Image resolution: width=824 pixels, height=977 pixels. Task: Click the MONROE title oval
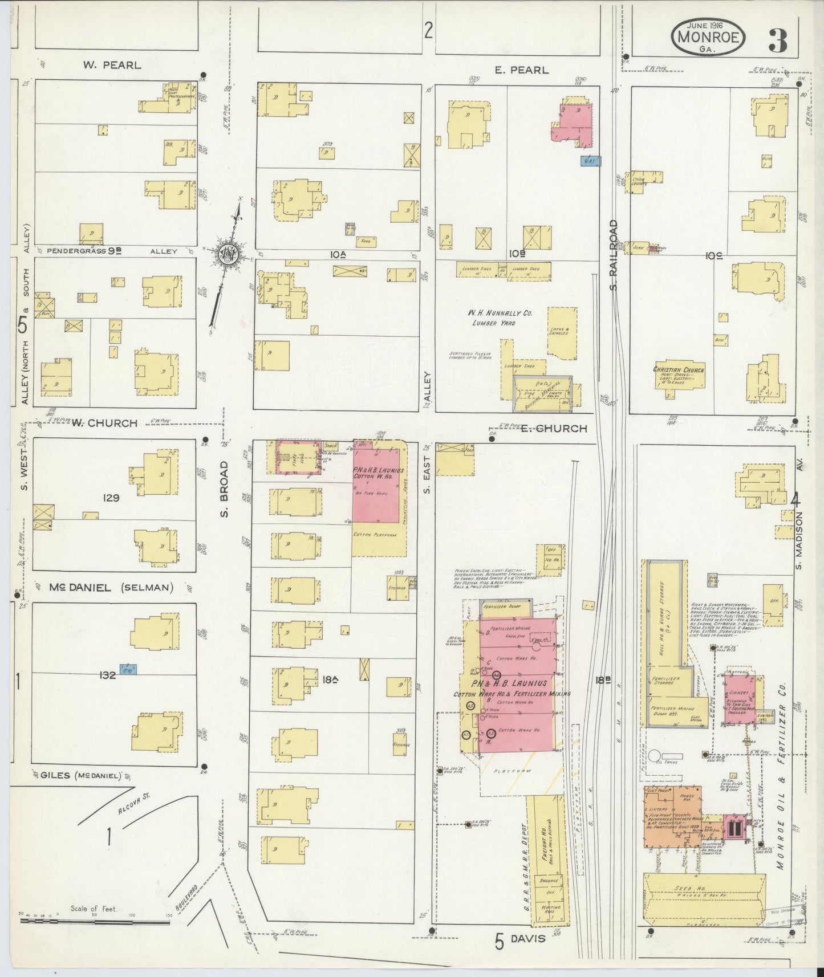click(x=708, y=38)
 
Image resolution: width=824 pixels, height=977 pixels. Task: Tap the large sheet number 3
click(x=778, y=39)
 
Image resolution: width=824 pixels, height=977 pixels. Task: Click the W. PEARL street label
click(x=112, y=65)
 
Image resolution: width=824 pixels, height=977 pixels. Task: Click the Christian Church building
click(x=679, y=376)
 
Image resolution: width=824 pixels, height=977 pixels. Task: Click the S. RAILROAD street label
click(x=614, y=254)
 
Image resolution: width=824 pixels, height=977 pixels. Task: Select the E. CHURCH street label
click(x=553, y=428)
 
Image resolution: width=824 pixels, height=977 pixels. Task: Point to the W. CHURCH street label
click(x=105, y=423)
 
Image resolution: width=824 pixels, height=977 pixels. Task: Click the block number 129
click(x=111, y=498)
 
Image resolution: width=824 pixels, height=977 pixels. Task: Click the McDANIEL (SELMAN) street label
click(x=111, y=588)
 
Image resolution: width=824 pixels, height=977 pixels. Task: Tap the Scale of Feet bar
click(x=94, y=917)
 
